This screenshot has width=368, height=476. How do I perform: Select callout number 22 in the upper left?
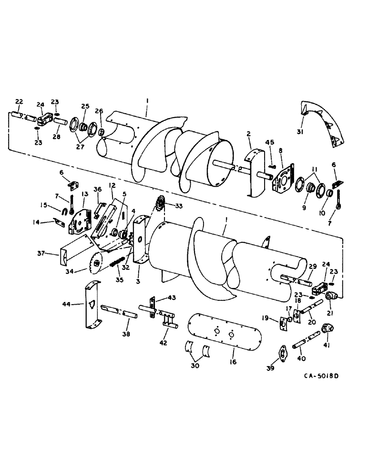19,101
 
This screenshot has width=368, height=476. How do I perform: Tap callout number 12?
112,185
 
